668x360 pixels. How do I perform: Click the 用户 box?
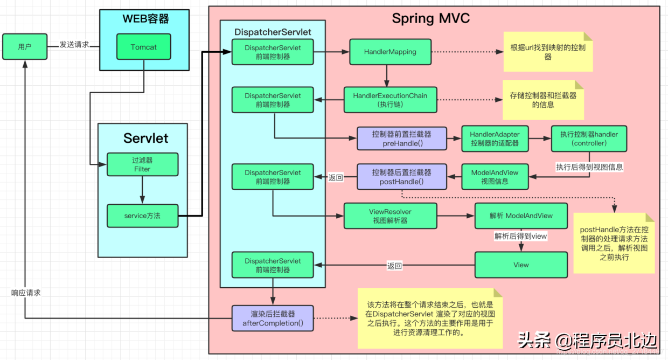(24, 47)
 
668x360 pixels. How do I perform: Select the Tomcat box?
(144, 47)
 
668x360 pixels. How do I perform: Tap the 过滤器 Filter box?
(142, 165)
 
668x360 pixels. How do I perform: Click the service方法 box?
(142, 216)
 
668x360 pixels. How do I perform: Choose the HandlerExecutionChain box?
(390, 100)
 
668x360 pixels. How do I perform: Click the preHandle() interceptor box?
(401, 139)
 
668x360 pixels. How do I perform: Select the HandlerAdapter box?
(495, 139)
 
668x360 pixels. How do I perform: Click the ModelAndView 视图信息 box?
(495, 177)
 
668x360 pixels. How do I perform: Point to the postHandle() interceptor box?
(401, 177)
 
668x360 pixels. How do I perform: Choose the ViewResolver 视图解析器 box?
(390, 216)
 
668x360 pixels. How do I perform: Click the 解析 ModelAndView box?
(521, 216)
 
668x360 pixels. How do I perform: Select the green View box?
(521, 265)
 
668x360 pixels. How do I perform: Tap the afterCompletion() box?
(273, 319)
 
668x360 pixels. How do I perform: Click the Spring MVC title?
(430, 18)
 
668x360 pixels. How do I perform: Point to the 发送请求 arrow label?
(74, 45)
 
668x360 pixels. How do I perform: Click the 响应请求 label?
(26, 293)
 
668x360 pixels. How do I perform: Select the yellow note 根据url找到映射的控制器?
(548, 52)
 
